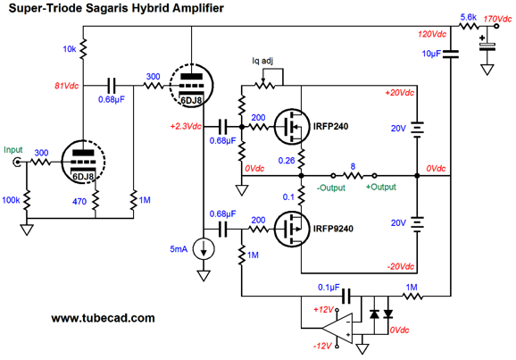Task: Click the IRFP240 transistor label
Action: click(x=330, y=127)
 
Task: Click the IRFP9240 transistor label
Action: click(x=333, y=229)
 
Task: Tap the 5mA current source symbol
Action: click(x=204, y=249)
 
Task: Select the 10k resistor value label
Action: click(x=70, y=49)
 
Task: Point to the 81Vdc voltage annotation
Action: click(x=66, y=86)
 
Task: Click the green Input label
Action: click(x=13, y=150)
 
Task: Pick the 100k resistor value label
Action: click(x=11, y=200)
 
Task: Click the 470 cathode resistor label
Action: click(x=79, y=201)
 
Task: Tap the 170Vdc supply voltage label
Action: click(x=497, y=19)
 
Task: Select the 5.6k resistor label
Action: click(x=469, y=17)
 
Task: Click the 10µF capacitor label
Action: click(x=431, y=54)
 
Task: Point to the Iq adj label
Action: click(x=262, y=61)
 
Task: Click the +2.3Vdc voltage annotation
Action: click(x=186, y=127)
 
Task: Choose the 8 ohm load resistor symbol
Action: click(x=354, y=176)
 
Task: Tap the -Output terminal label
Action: click(x=331, y=188)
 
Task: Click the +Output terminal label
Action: click(x=381, y=187)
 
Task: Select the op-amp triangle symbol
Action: click(x=337, y=329)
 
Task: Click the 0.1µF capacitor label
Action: click(x=329, y=288)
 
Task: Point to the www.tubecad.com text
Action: click(x=103, y=318)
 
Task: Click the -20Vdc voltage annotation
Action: click(x=401, y=266)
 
